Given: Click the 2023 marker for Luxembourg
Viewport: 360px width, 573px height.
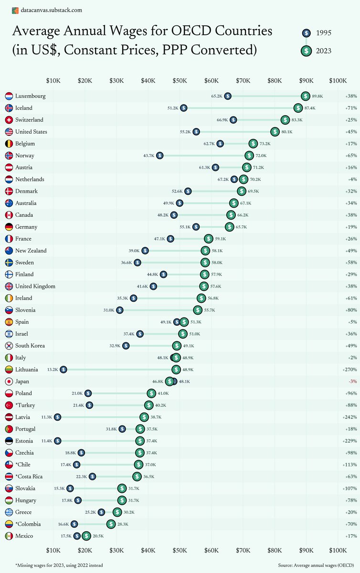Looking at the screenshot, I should [x=306, y=96].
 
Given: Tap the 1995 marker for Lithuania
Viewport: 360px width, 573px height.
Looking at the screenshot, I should [x=63, y=370].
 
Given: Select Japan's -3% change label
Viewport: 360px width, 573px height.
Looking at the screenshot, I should [x=352, y=382].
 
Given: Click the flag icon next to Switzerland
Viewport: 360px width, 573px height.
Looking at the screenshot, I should [x=8, y=120].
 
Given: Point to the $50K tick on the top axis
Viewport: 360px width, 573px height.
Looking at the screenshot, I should [x=180, y=81].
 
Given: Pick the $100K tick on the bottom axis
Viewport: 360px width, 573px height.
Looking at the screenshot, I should [x=338, y=550].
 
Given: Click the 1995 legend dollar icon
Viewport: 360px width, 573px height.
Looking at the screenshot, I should [x=306, y=33].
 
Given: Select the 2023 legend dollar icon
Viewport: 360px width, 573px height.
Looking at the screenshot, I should [x=306, y=51].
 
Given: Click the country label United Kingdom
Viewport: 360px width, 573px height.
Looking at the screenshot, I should [x=35, y=286].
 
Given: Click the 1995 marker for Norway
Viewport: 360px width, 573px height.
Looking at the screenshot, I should [x=159, y=156].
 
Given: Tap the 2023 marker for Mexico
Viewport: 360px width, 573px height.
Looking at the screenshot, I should [x=86, y=536].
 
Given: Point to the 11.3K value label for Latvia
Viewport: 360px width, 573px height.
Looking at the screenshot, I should [x=46, y=417].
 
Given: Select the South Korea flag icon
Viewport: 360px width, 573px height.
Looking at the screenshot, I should [x=8, y=346].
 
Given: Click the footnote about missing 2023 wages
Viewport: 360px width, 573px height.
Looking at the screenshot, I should [x=59, y=565].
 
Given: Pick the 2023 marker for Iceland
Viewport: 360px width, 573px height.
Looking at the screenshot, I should [x=298, y=108].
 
